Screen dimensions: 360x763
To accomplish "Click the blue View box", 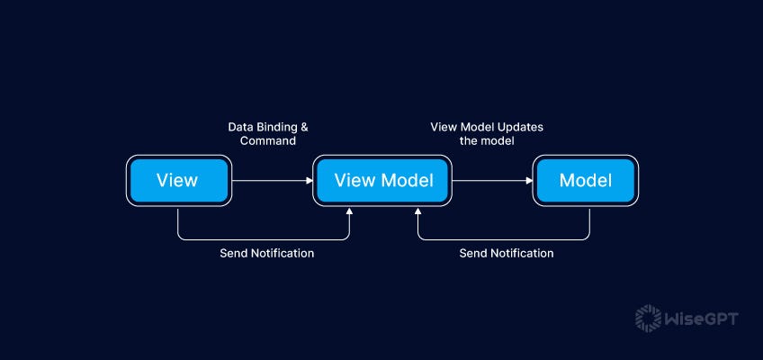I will coord(177,180).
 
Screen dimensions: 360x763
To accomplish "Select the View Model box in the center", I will coord(383,180).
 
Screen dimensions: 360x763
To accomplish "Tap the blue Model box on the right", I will coord(585,180).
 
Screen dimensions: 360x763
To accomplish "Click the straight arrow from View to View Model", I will coord(270,181).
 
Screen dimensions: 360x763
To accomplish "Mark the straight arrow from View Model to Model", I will coord(490,181).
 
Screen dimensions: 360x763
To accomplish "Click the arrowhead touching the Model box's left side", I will coord(530,181).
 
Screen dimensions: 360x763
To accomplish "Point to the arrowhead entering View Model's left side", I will coord(309,181).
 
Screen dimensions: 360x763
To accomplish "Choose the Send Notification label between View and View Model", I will coord(267,254).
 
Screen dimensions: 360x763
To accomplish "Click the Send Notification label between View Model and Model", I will coord(507,254).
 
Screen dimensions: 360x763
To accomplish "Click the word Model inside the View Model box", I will coord(406,180).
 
